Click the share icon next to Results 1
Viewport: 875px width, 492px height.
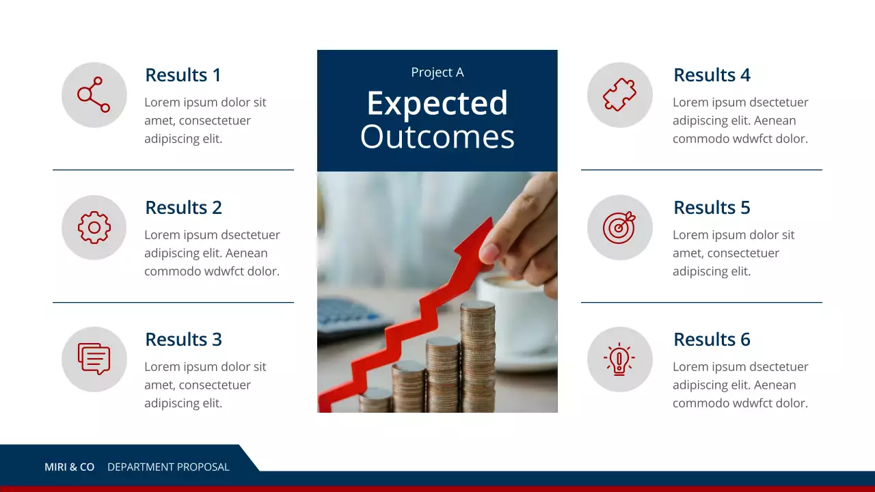94,95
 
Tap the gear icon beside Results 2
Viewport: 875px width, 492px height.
94,228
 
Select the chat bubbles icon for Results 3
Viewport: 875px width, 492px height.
94,359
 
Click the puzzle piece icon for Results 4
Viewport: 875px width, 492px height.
619,95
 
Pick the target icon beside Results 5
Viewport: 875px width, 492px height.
619,228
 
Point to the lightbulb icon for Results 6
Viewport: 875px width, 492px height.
619,359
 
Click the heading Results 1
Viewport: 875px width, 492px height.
183,75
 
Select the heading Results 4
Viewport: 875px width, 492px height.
712,75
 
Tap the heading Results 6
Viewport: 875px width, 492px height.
712,340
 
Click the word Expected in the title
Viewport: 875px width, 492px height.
437,104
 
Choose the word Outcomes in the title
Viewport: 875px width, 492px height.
437,137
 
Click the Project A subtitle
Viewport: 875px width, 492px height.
437,72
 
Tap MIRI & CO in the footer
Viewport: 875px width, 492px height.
69,467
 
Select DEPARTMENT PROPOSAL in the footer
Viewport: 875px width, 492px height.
168,467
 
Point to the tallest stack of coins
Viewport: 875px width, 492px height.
477,355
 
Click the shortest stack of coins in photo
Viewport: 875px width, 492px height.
375,400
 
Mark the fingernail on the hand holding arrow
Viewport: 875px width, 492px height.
489,254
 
